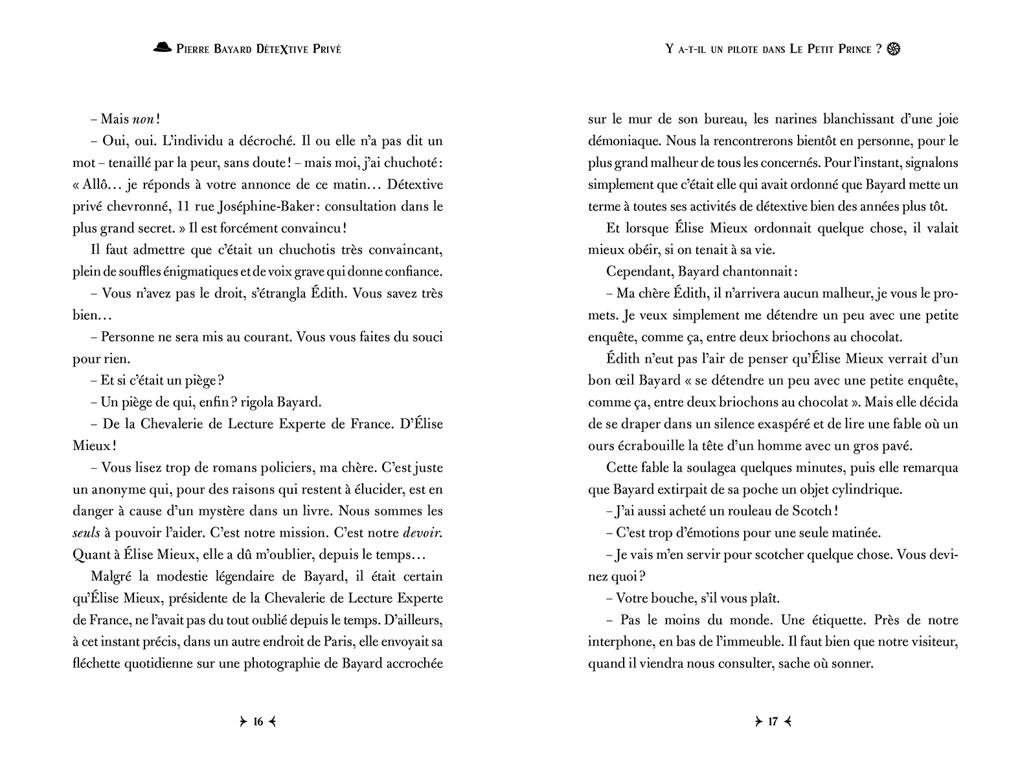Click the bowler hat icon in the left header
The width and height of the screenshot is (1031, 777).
(x=163, y=47)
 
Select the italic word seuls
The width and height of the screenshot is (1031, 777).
(x=84, y=533)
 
